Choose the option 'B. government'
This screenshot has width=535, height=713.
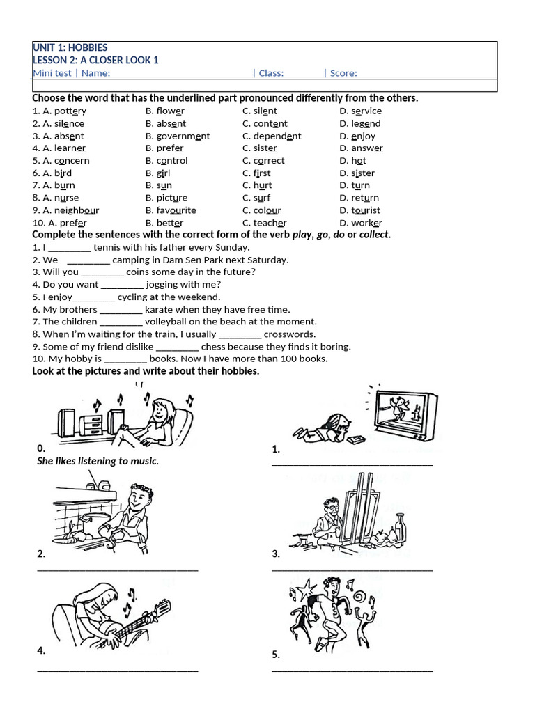coord(178,136)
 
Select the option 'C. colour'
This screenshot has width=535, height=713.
coord(262,210)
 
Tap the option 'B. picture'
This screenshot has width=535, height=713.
coord(166,198)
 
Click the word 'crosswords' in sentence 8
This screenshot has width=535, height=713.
coord(290,334)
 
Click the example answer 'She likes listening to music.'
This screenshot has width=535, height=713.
coord(98,461)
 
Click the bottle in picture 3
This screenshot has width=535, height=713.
coord(398,528)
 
